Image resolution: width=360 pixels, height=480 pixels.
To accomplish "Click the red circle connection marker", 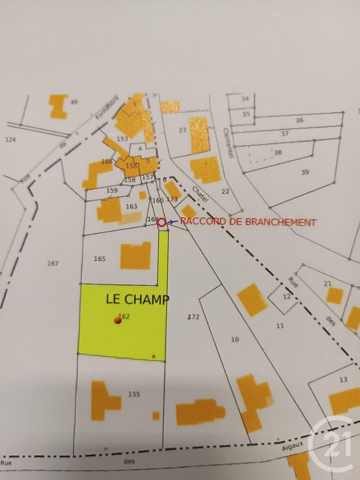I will pos(162,223).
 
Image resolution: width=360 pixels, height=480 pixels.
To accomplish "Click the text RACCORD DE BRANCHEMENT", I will pos(248,222).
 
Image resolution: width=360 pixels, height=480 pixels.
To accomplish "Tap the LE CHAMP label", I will pos(137,299).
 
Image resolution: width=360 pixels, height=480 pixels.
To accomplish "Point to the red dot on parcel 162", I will pos(118,320).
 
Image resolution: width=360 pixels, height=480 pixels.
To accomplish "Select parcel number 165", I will pos(100,259).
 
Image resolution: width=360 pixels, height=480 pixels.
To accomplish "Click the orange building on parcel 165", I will pos(136,256).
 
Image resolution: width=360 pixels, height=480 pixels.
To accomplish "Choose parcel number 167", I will pos(53,263).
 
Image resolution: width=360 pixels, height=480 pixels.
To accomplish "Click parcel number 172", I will pos(193,317).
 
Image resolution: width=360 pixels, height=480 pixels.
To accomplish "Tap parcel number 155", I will pos(134,394).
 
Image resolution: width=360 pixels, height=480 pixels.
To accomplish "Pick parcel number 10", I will pos(235,339).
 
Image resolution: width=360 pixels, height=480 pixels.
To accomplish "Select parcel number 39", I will pos(305,172).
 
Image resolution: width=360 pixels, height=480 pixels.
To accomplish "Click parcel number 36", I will pos(299,120).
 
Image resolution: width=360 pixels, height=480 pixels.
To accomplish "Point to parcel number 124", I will pos(10,139).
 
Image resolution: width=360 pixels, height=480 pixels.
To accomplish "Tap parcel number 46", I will pos(74,102).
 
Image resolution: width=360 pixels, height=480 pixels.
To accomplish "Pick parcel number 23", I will pos(182,130).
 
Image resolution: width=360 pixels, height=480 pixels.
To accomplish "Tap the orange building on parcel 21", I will pos(334,295).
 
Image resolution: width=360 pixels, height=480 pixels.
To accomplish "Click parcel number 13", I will pos(344,380).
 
